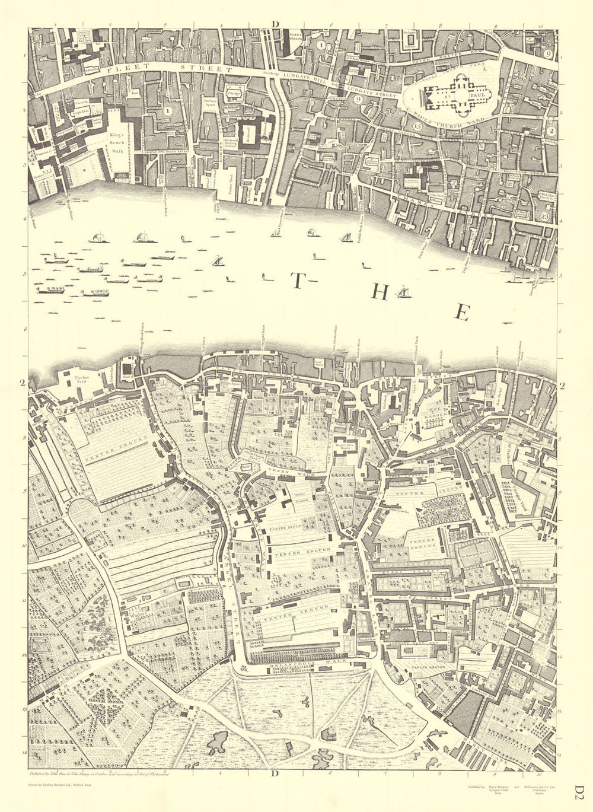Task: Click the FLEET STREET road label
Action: tap(168, 70)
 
